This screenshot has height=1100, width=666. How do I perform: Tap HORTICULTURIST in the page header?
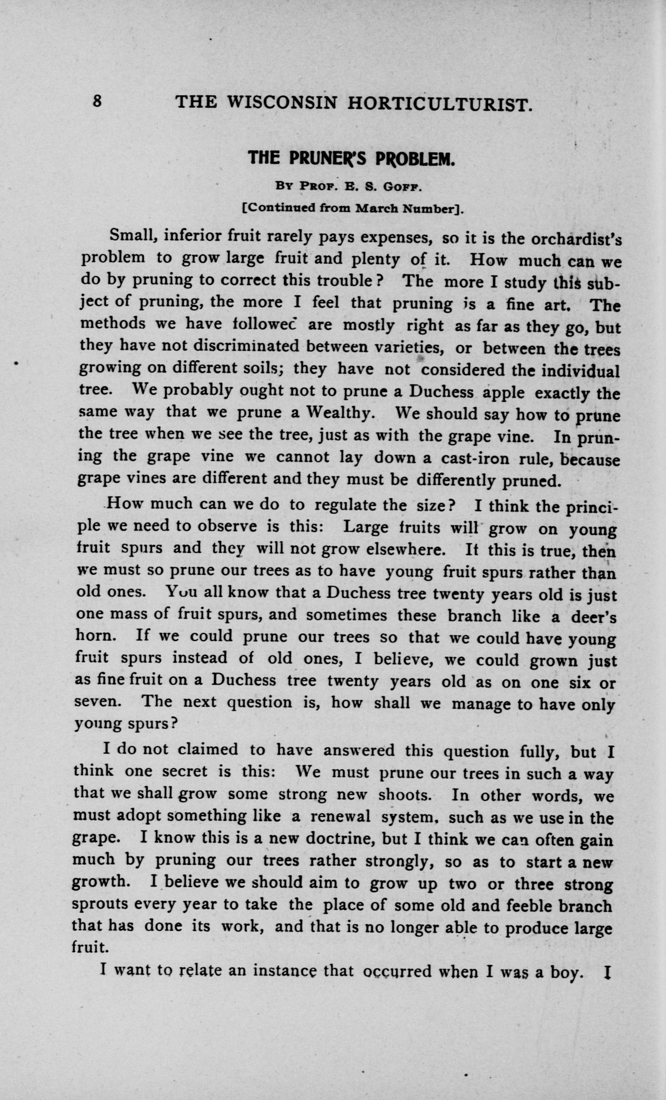tap(439, 104)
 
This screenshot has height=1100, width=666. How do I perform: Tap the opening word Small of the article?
tap(132, 234)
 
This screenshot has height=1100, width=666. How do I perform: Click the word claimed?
tap(208, 749)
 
